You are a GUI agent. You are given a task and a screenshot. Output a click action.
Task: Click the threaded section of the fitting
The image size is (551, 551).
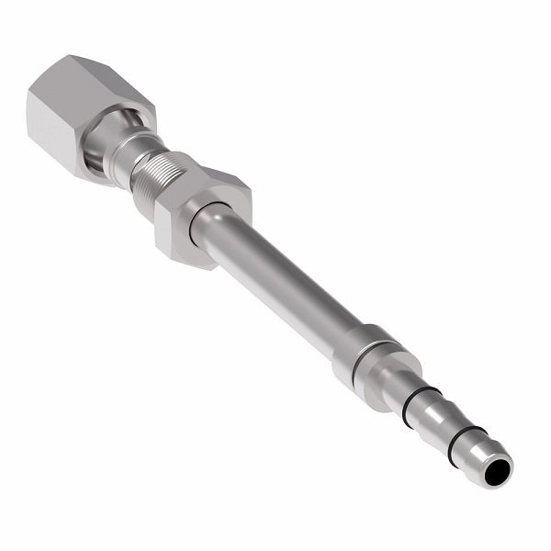point(152,184)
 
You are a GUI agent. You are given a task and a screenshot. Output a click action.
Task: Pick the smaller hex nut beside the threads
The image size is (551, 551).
point(202,216)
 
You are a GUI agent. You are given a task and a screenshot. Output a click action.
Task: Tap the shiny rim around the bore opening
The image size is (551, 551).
point(504,463)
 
